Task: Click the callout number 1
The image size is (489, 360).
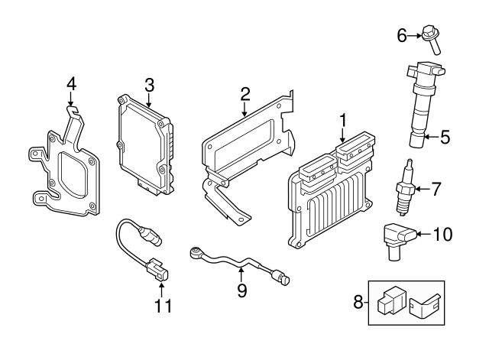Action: click(344, 120)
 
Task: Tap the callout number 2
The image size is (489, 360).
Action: click(245, 94)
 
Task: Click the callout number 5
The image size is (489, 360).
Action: click(445, 138)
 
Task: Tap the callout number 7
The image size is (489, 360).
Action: click(436, 187)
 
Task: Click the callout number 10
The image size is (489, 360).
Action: click(443, 234)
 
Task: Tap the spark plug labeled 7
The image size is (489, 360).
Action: click(405, 189)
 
